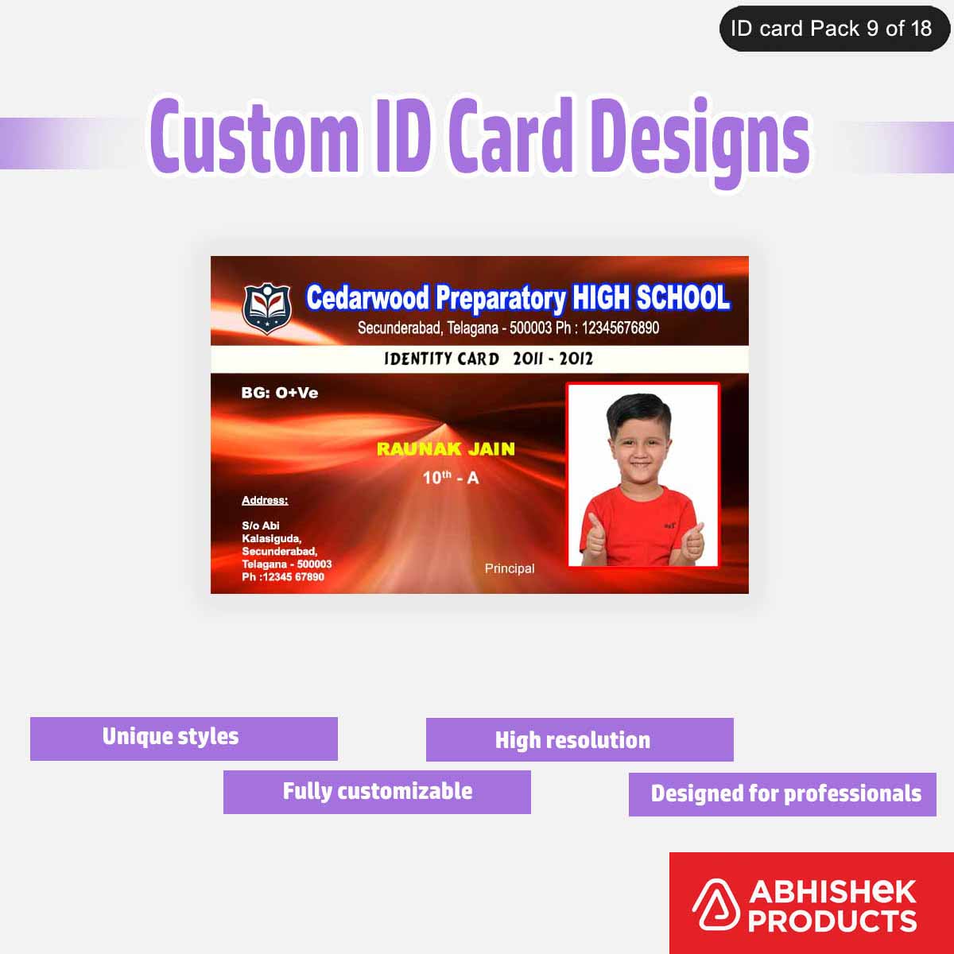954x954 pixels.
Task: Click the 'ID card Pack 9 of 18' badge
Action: coord(833,29)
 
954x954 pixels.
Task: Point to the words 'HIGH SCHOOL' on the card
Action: coord(650,297)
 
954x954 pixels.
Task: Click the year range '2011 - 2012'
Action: coord(553,359)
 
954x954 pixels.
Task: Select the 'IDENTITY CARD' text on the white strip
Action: coord(441,359)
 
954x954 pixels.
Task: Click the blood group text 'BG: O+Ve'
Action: coord(279,393)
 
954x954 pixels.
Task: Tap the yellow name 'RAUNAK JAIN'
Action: coord(445,449)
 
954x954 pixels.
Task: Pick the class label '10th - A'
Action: coord(450,478)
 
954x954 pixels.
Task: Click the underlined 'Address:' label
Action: coord(265,500)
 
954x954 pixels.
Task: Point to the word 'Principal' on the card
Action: coord(510,568)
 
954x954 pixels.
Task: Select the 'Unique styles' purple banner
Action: coord(184,739)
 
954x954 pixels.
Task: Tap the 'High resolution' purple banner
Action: coord(580,740)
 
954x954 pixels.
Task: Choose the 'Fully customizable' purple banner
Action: coord(377,792)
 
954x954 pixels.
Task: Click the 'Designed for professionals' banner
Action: coord(783,794)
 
